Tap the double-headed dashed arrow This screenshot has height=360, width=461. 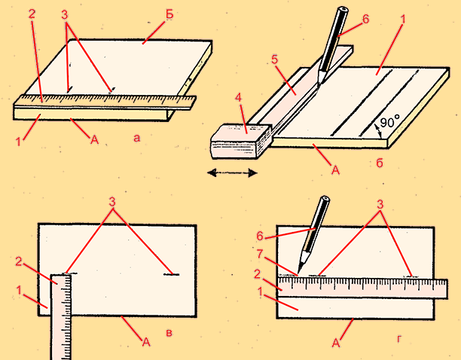coord(232,172)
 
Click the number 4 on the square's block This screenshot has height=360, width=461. coord(239,98)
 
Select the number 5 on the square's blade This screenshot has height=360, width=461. coord(274,59)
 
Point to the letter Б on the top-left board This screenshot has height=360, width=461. coord(169,14)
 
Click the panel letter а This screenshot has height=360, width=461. coord(136,138)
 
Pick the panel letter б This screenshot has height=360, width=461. coord(380,163)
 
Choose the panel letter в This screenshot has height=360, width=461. coord(169,333)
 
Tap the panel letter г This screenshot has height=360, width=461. coord(399,339)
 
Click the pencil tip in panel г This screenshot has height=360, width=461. coord(298,273)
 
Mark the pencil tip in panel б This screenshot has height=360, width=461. coord(319,84)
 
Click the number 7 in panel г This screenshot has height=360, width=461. coord(259,255)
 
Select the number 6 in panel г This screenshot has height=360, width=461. coord(260,236)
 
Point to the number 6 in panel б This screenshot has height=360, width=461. coord(365,20)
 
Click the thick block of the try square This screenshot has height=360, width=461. coord(241,141)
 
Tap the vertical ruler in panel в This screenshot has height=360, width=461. coord(61,317)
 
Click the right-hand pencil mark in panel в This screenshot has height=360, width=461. coord(171,274)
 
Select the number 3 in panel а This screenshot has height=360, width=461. coord(64,15)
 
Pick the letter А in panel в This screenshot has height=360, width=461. coord(146,342)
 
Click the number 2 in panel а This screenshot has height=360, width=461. coord(32,14)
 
